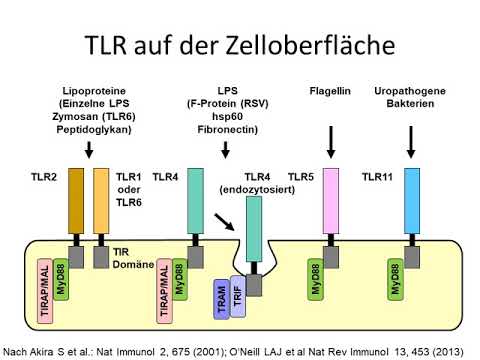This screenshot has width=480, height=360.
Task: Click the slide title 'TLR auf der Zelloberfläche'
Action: point(240,44)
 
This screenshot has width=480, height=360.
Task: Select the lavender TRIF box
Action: point(237,296)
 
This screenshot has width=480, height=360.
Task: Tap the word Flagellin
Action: point(331,93)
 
